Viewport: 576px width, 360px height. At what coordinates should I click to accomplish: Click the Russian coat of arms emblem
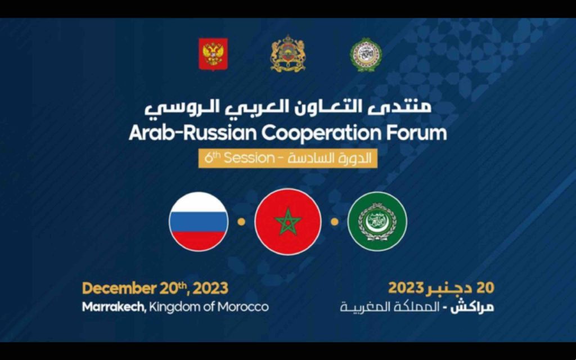213,54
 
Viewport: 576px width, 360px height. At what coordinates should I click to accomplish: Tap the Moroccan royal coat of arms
287,55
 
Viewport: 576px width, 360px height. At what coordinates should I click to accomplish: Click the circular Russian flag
199,221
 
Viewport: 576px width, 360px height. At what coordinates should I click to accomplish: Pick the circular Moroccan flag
288,221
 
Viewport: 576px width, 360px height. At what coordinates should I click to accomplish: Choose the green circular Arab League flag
377,221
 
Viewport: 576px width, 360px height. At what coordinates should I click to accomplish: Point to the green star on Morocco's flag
288,221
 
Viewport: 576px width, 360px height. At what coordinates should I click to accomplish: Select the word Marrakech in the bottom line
113,307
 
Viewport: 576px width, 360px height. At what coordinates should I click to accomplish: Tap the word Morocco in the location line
245,307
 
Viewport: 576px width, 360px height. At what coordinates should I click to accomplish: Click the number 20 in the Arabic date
485,288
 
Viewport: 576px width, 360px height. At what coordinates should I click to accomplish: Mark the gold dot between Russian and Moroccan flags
241,222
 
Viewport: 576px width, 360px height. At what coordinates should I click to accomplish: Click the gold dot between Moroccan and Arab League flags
334,222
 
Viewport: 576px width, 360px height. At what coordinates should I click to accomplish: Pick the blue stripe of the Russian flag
199,221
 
